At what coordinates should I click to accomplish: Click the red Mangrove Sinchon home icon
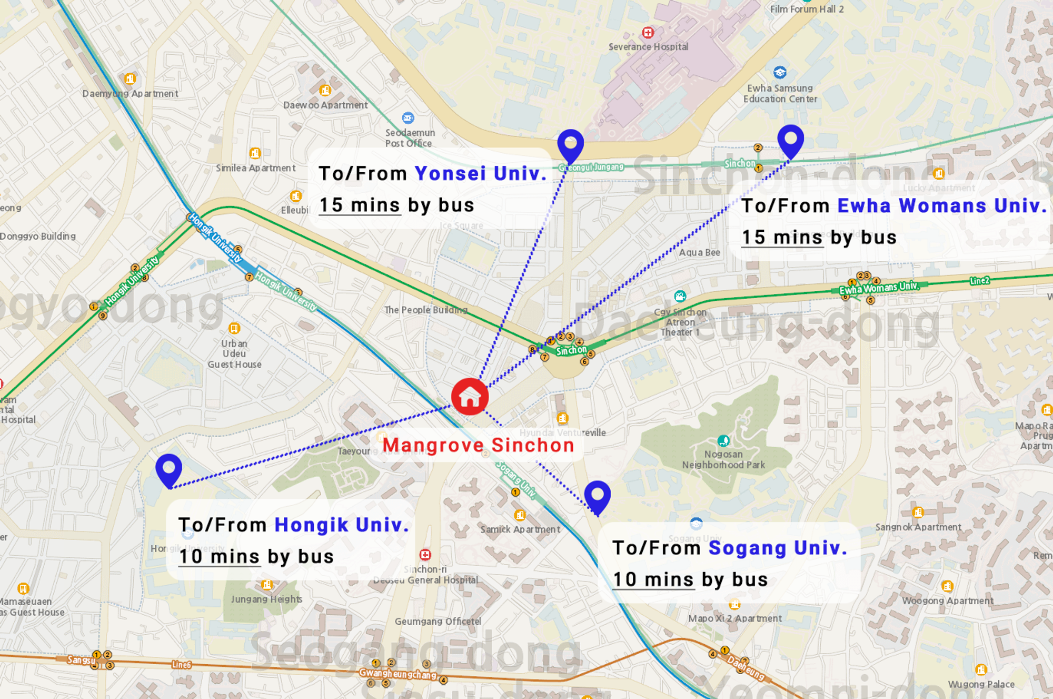point(470,397)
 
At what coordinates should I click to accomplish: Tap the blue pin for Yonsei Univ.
point(570,143)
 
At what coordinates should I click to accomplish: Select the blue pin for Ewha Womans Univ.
point(790,139)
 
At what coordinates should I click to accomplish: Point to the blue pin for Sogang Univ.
point(597,495)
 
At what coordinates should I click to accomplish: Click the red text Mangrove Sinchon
point(478,446)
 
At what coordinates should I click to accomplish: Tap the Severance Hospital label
point(648,47)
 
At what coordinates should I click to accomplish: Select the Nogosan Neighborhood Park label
point(723,459)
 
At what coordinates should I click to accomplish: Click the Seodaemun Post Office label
point(410,138)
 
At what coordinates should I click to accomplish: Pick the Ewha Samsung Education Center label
point(780,94)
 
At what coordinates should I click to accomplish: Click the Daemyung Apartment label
point(130,94)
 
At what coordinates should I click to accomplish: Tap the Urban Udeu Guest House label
point(234,353)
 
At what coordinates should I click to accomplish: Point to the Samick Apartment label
point(520,529)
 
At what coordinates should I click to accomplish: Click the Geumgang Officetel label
point(438,622)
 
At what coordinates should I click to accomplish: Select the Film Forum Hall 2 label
point(807,9)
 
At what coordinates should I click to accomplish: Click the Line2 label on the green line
point(979,281)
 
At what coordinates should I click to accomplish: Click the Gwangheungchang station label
point(398,674)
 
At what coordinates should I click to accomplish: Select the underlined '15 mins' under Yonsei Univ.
point(360,205)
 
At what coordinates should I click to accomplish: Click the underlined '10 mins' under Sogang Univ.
point(653,580)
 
